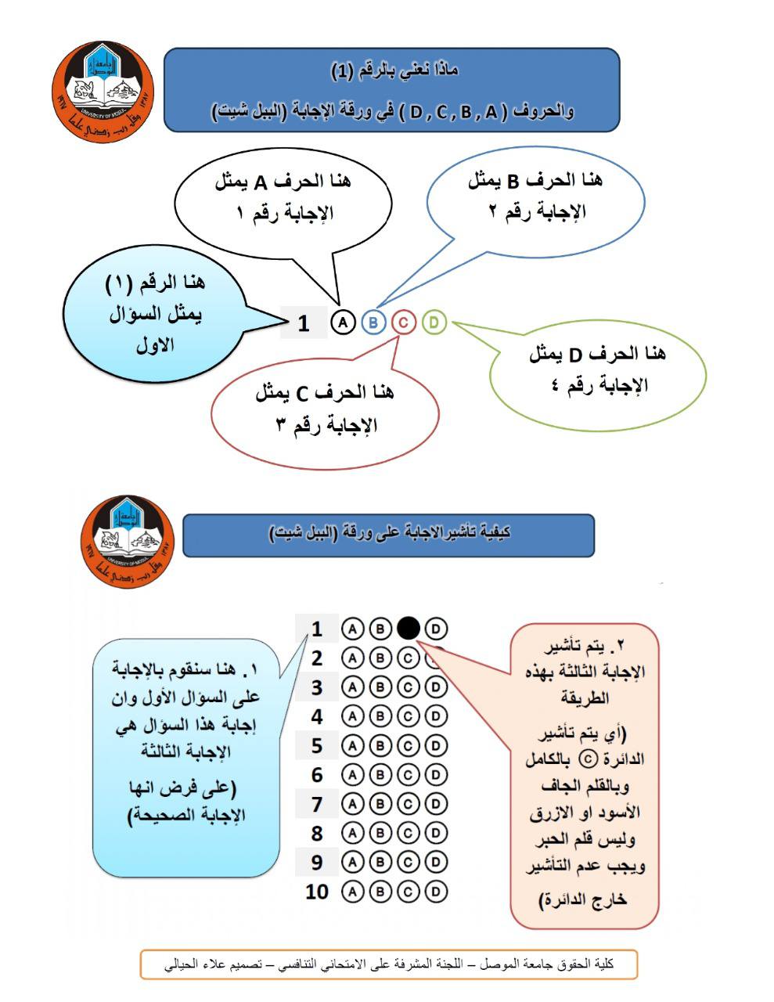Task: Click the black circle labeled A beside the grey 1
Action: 343,322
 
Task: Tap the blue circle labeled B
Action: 373,322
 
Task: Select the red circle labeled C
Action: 403,322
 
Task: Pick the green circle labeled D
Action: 434,322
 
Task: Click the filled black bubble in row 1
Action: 409,628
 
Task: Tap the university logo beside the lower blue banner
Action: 127,539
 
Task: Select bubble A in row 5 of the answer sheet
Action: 352,745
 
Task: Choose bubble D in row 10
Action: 437,891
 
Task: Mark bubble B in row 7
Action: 380,804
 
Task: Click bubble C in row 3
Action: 409,687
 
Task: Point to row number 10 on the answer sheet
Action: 316,891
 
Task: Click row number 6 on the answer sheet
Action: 316,775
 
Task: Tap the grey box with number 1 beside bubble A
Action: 304,323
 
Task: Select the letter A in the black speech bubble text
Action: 263,183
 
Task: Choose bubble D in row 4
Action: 437,716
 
